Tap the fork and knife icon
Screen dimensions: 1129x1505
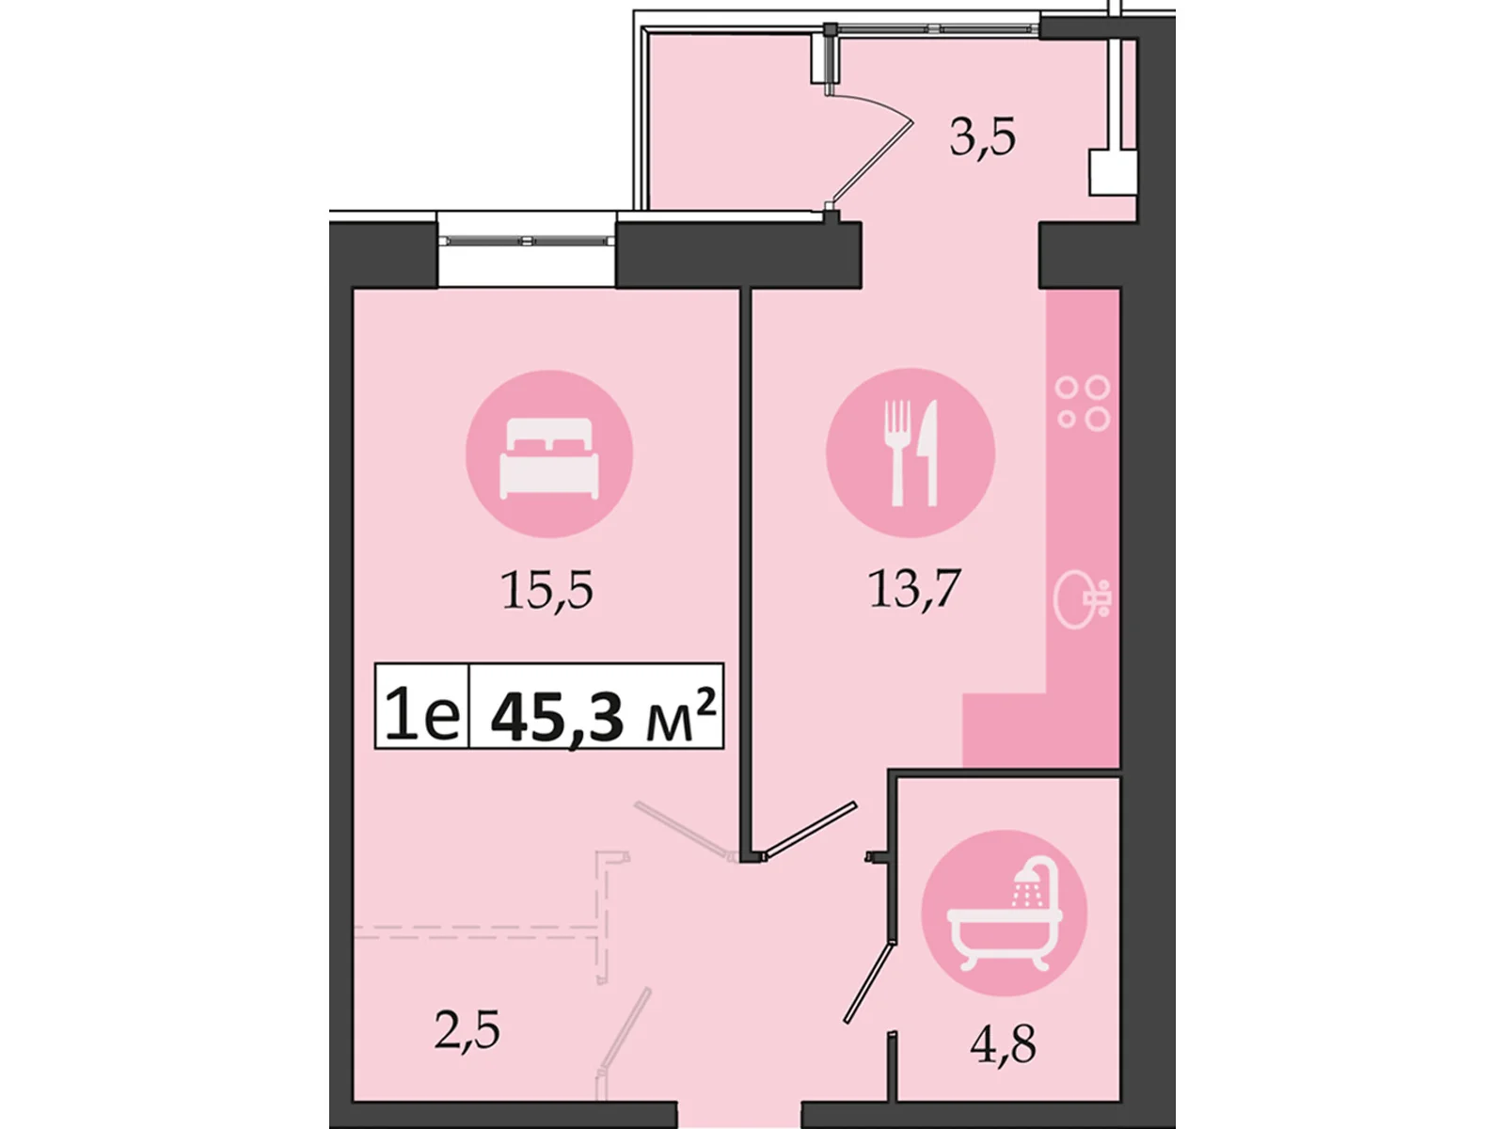[910, 453]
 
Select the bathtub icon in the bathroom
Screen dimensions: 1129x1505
[1004, 913]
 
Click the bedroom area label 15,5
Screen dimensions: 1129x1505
[547, 591]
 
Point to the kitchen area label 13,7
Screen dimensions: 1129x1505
[913, 589]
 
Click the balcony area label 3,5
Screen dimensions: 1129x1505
[982, 137]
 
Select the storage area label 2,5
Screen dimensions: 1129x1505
[467, 1030]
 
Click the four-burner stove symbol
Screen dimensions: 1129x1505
[1083, 403]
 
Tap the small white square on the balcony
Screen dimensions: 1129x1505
[1112, 173]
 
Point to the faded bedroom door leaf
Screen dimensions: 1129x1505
[682, 828]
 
